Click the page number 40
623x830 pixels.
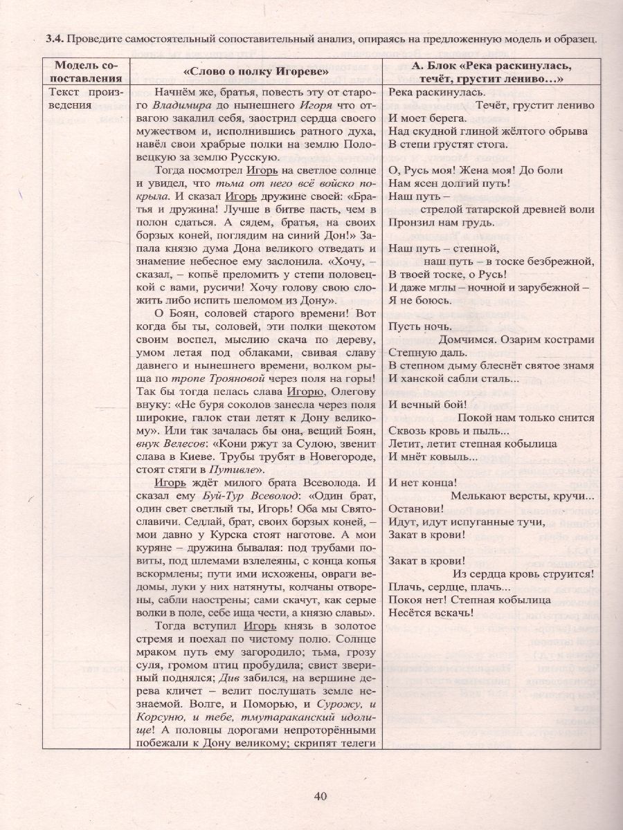(x=319, y=796)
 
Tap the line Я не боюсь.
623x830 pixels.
(x=420, y=300)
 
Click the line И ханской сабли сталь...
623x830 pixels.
(x=453, y=378)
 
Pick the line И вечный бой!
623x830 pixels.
(x=425, y=405)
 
